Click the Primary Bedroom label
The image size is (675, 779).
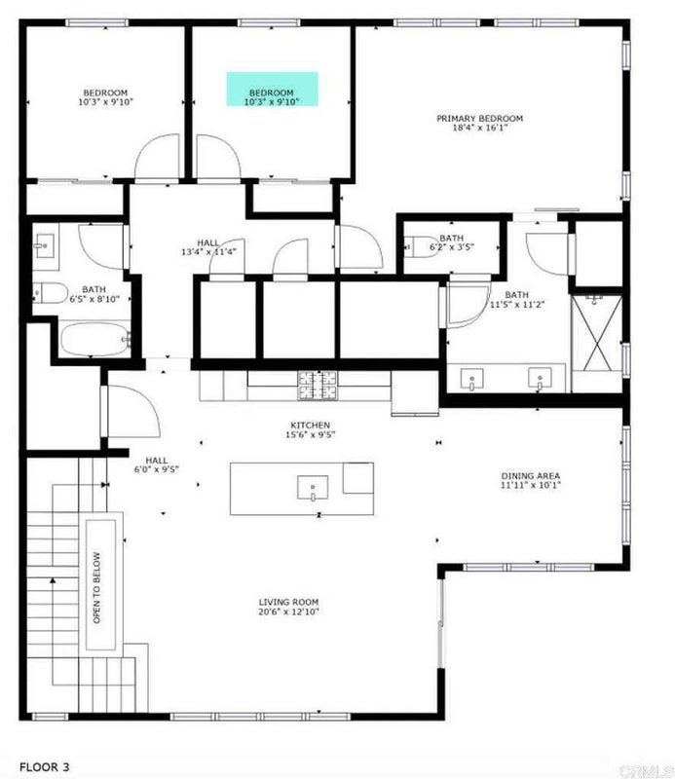click(x=479, y=123)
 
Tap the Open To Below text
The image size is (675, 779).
click(x=96, y=588)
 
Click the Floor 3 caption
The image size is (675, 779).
click(x=44, y=767)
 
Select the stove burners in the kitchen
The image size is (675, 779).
click(x=319, y=386)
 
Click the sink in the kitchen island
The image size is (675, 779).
click(x=313, y=488)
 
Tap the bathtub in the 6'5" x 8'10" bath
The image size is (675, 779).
click(x=94, y=339)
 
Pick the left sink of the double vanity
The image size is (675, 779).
click(x=471, y=379)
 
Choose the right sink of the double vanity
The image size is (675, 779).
click(x=540, y=379)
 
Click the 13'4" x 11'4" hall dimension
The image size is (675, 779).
click(x=208, y=252)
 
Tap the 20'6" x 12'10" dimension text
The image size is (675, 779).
click(x=288, y=612)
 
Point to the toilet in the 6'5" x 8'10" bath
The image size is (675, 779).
click(x=51, y=293)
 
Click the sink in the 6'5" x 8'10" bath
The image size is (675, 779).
click(x=44, y=246)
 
